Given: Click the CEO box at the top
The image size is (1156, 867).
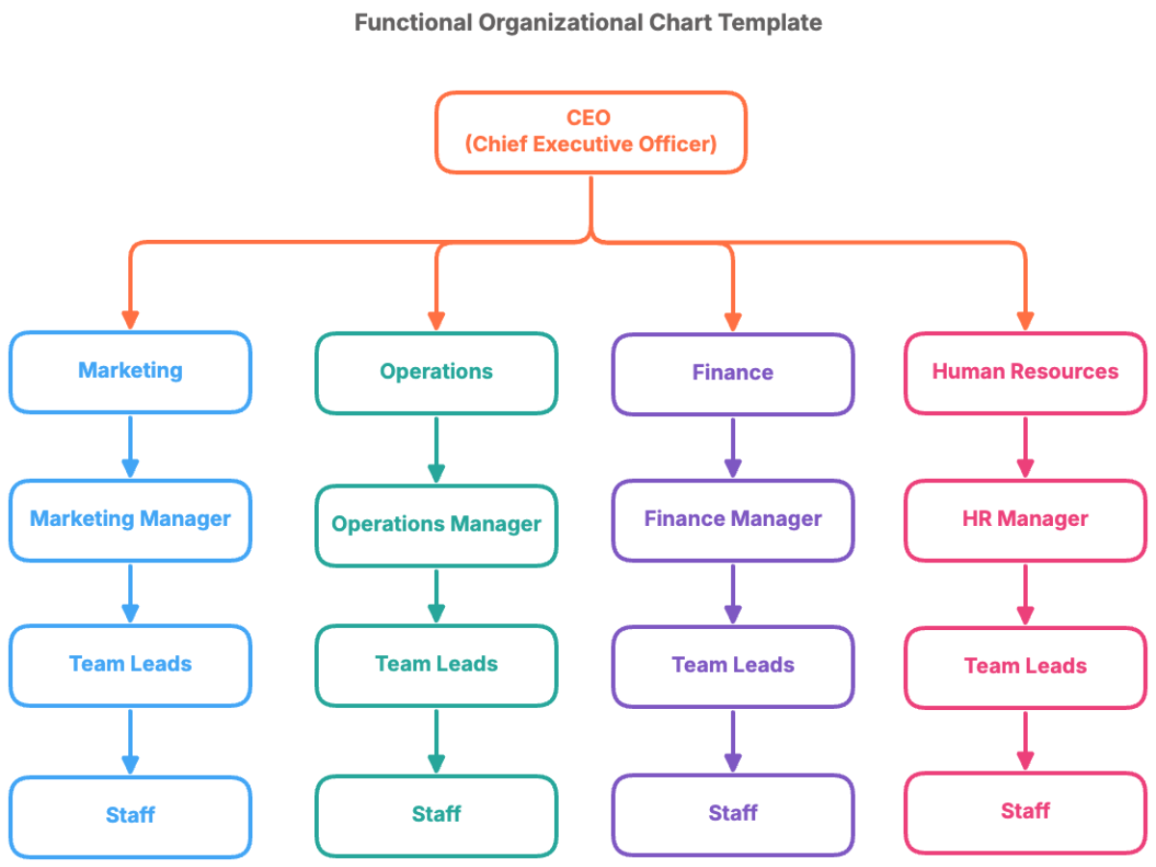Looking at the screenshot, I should pyautogui.click(x=590, y=132).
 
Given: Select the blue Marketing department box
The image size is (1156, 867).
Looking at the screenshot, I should pyautogui.click(x=130, y=372).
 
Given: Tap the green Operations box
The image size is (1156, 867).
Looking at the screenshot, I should pyautogui.click(x=435, y=373).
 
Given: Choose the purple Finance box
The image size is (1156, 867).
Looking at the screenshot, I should pyautogui.click(x=732, y=374).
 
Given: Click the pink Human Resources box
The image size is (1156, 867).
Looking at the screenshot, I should pyautogui.click(x=1025, y=373).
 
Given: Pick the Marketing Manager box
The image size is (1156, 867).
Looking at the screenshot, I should pyautogui.click(x=130, y=520).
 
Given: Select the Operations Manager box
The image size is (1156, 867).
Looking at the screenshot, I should pyautogui.click(x=435, y=525).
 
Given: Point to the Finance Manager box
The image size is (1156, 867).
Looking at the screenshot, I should pyautogui.click(x=732, y=520).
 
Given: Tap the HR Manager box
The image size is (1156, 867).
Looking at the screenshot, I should pyautogui.click(x=1025, y=520).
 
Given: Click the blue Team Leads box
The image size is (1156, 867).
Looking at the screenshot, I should pyautogui.click(x=130, y=665).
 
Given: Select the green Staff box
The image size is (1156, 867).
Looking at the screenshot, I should pyautogui.click(x=435, y=815).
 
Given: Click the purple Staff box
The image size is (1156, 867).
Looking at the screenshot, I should pyautogui.click(x=732, y=814).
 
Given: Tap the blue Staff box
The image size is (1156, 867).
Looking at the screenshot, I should pyautogui.click(x=130, y=816).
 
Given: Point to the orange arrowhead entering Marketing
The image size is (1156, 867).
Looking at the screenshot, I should pyautogui.click(x=130, y=320).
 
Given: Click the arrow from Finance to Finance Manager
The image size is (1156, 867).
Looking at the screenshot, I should pyautogui.click(x=732, y=448).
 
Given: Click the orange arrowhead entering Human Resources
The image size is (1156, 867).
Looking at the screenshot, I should pyautogui.click(x=1025, y=320).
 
